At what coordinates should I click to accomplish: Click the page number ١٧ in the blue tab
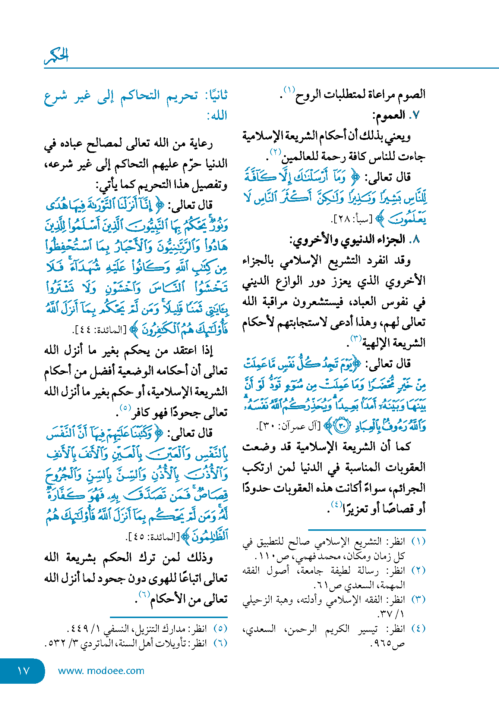(23, 671)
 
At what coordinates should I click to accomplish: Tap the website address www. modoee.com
(101, 671)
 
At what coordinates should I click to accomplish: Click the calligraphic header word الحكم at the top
(57, 56)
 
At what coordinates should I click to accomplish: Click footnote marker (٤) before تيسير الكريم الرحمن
(418, 629)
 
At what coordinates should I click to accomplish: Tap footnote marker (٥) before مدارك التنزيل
(220, 629)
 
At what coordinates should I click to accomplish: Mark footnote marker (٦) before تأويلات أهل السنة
(220, 643)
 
